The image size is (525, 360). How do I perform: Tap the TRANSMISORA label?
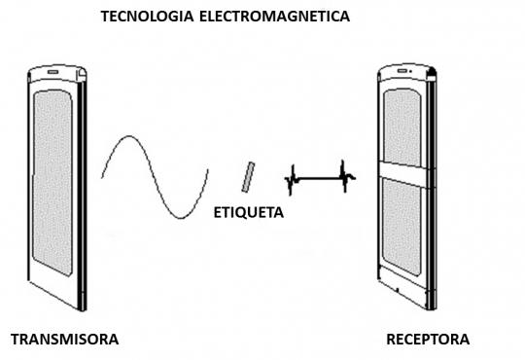(64, 340)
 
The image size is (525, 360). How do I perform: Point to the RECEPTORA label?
(427, 340)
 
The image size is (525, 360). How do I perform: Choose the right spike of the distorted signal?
(345, 175)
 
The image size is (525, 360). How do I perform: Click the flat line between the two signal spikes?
(318, 178)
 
